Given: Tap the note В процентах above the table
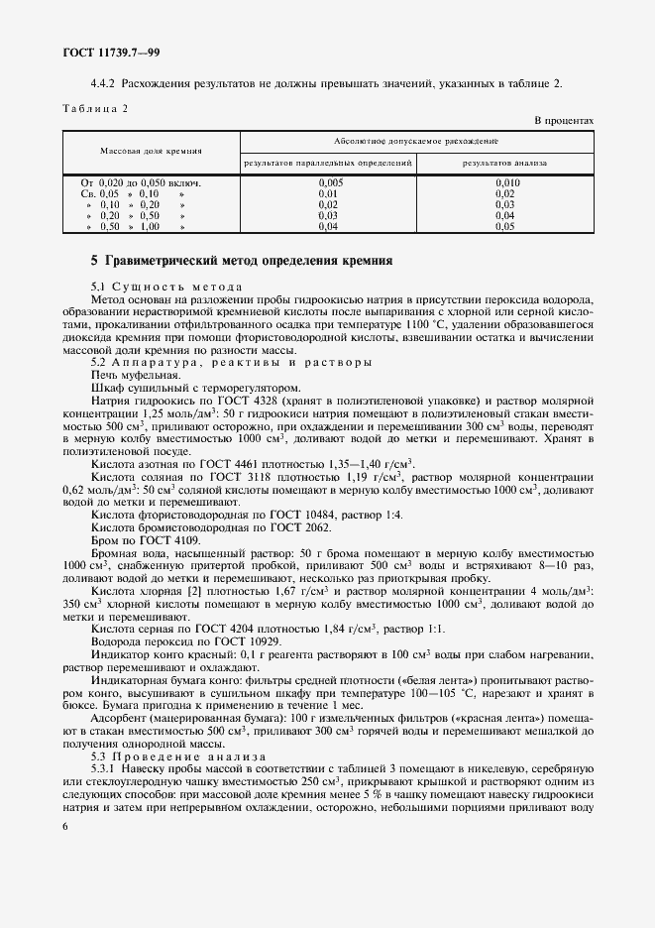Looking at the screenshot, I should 564,120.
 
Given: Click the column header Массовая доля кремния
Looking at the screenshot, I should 151,151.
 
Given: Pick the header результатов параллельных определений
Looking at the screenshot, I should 327,161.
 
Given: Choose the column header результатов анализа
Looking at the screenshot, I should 505,161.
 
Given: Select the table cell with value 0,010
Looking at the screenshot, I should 506,183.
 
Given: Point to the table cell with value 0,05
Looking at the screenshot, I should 505,226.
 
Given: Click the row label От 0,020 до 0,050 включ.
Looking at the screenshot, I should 141,183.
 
